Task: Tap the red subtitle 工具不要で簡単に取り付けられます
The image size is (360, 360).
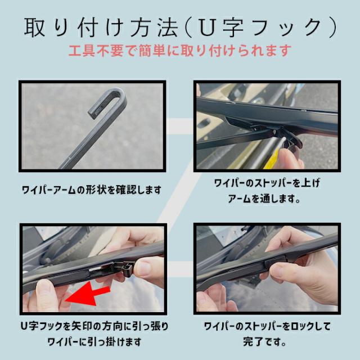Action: (179, 51)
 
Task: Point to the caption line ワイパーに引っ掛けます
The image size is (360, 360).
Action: (94, 341)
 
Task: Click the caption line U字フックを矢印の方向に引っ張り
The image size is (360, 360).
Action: (94, 326)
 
